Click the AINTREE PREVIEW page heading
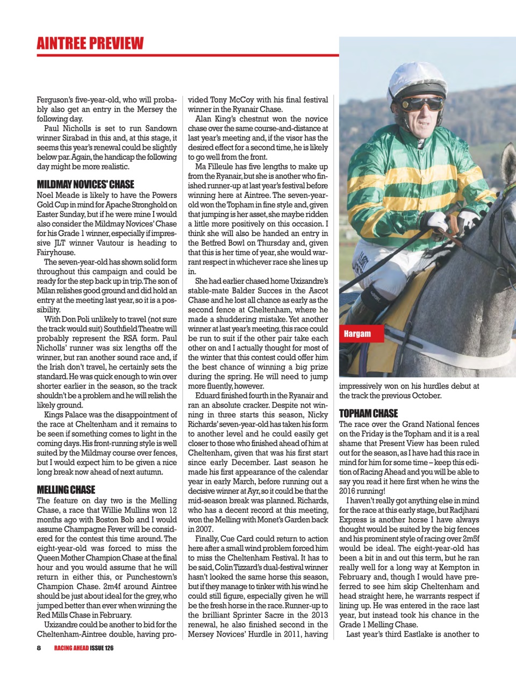coord(90,43)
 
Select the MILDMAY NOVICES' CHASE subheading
coord(85,184)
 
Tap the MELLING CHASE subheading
coord(66,490)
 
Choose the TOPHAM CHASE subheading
coord(368,413)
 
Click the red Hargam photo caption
coord(357,333)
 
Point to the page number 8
coord(39,648)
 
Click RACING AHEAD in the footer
coord(71,648)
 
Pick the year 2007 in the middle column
coord(197,529)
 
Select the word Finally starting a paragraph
coord(206,539)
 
